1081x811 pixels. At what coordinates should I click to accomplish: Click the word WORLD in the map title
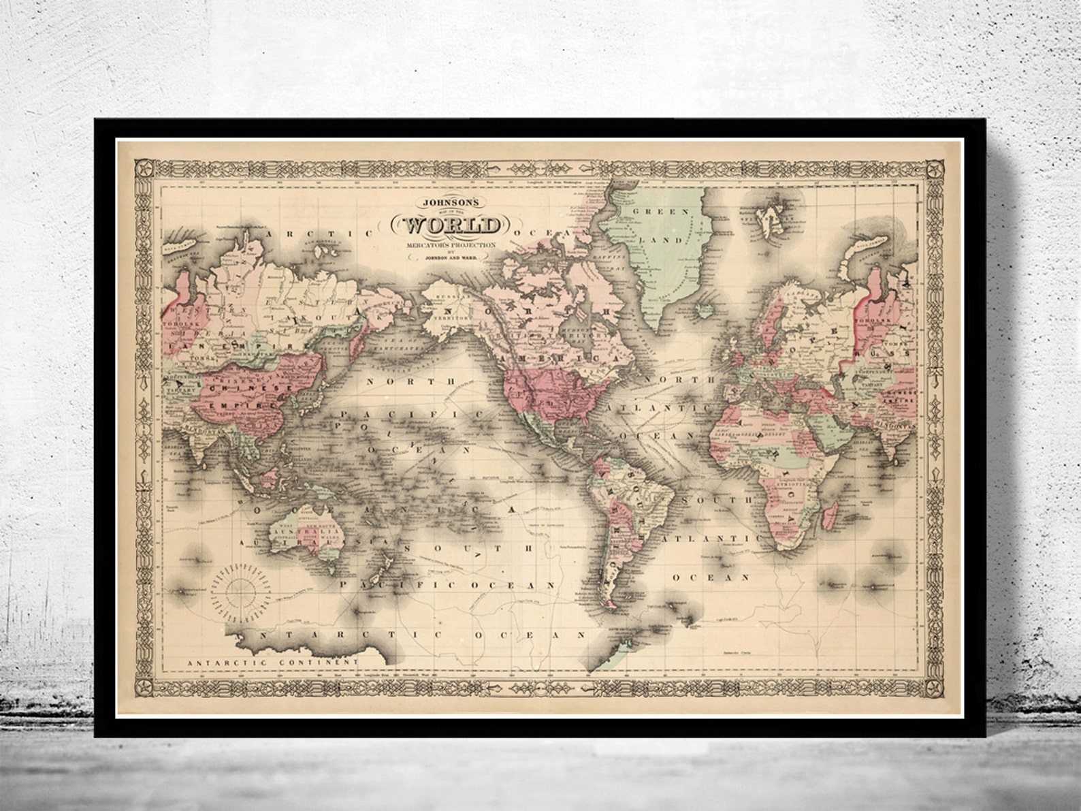pos(449,225)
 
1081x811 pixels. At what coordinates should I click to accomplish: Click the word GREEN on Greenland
pos(654,212)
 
